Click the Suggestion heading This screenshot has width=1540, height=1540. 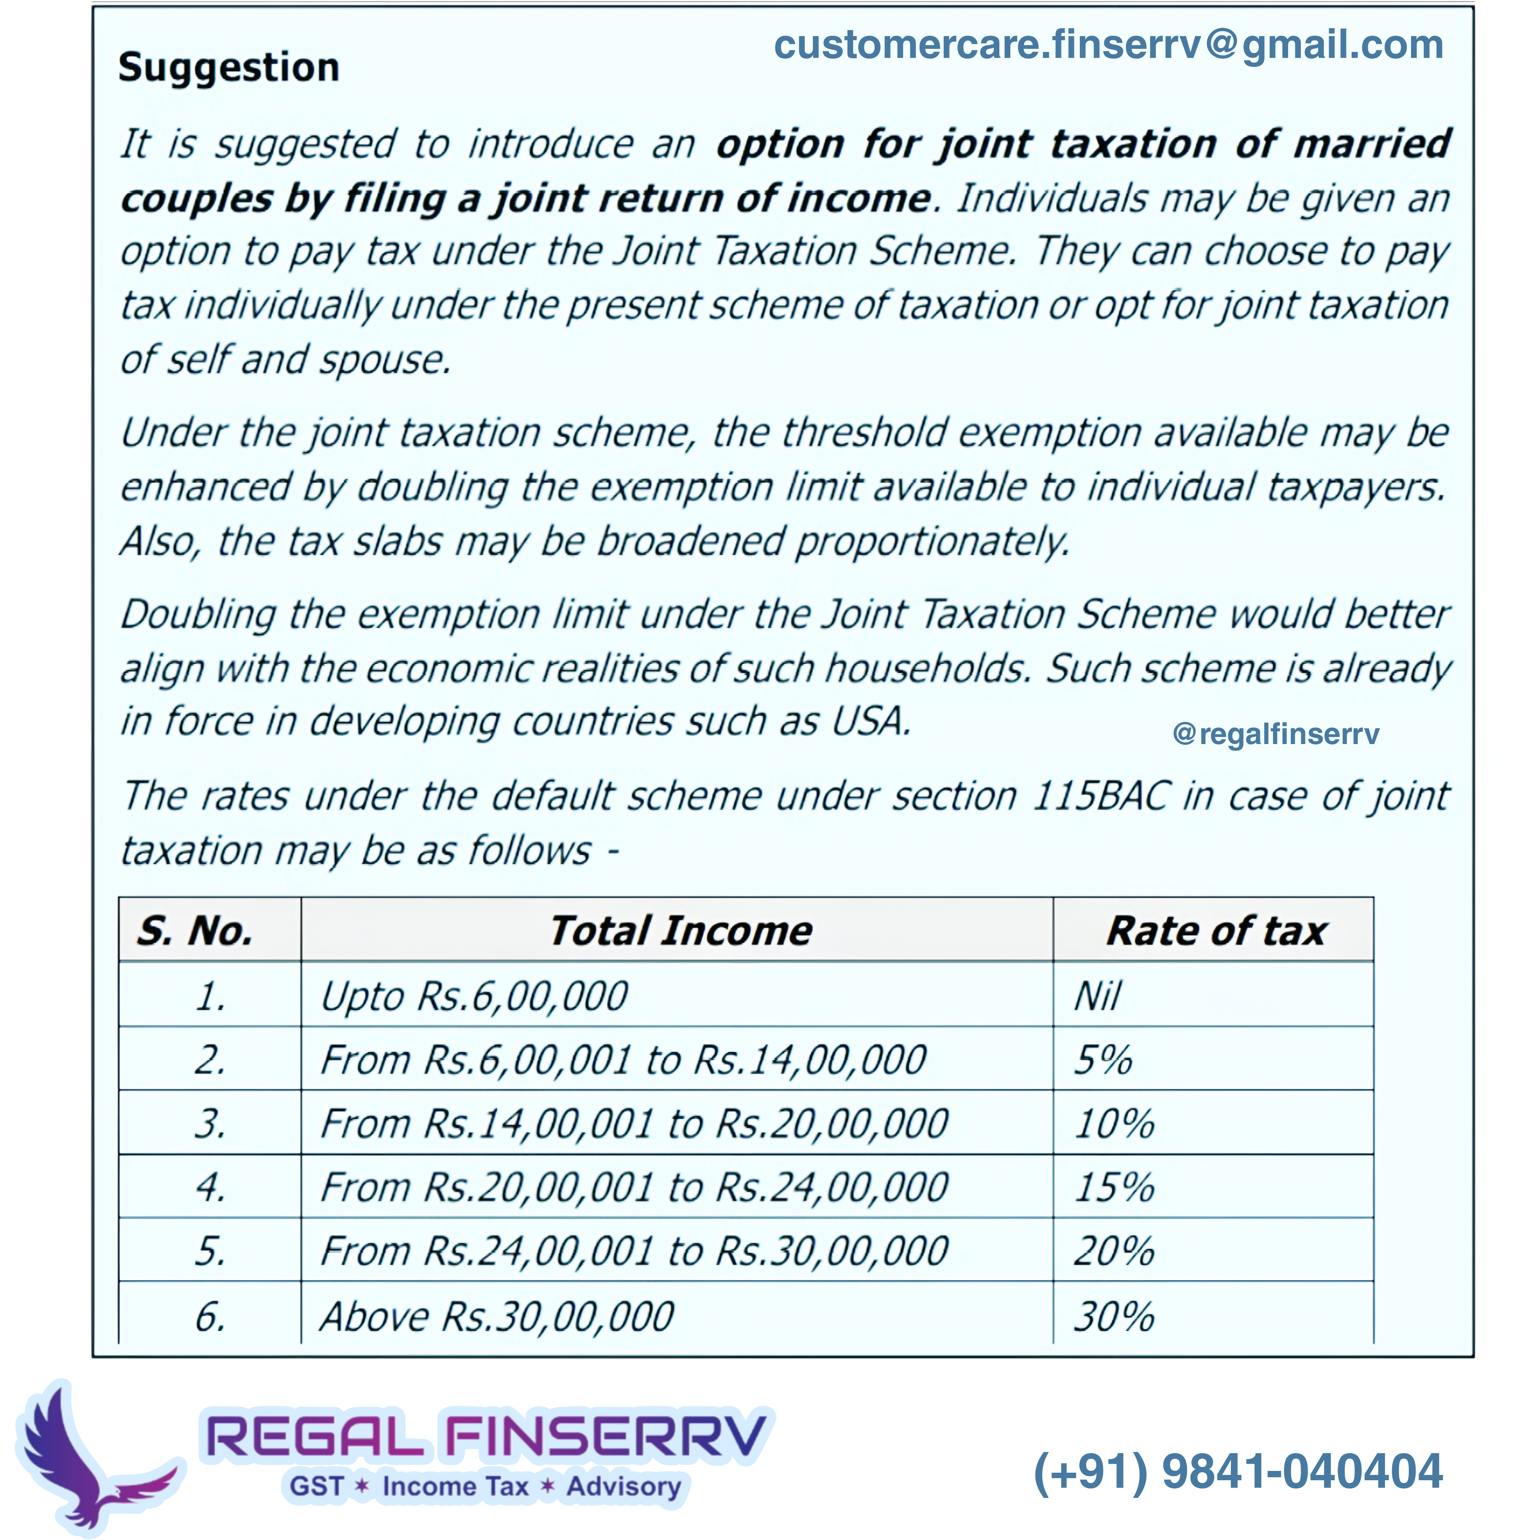229,67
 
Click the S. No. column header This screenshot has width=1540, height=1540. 195,930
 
